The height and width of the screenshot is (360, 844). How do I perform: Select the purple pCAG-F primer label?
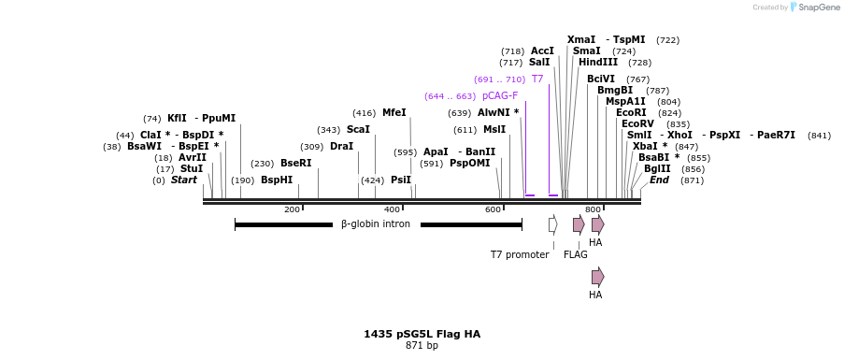click(500, 95)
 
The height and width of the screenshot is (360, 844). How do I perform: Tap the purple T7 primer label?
click(537, 79)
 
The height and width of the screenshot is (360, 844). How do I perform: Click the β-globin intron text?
click(375, 224)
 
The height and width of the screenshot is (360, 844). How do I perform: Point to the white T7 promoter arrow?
click(553, 224)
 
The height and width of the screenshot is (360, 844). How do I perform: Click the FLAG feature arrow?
click(579, 224)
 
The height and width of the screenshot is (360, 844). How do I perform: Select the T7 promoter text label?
click(520, 254)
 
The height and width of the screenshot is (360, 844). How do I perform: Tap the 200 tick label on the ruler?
click(292, 209)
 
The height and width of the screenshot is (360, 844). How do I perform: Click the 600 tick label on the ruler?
click(493, 209)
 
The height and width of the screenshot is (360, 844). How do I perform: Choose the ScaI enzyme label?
click(358, 129)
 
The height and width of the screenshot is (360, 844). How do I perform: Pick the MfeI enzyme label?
click(394, 112)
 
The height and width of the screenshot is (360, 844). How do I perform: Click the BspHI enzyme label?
click(277, 180)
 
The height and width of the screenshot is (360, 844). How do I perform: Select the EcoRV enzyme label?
click(637, 123)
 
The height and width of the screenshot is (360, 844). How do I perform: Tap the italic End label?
click(659, 180)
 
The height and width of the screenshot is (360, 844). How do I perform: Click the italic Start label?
click(184, 180)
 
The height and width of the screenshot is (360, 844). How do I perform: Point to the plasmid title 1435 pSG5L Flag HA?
click(422, 334)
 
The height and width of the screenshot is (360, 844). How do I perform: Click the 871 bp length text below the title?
click(422, 346)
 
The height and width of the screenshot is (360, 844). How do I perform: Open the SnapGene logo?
click(811, 7)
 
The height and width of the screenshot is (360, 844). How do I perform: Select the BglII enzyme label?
click(657, 168)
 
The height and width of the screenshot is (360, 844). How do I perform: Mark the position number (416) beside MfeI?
click(365, 113)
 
